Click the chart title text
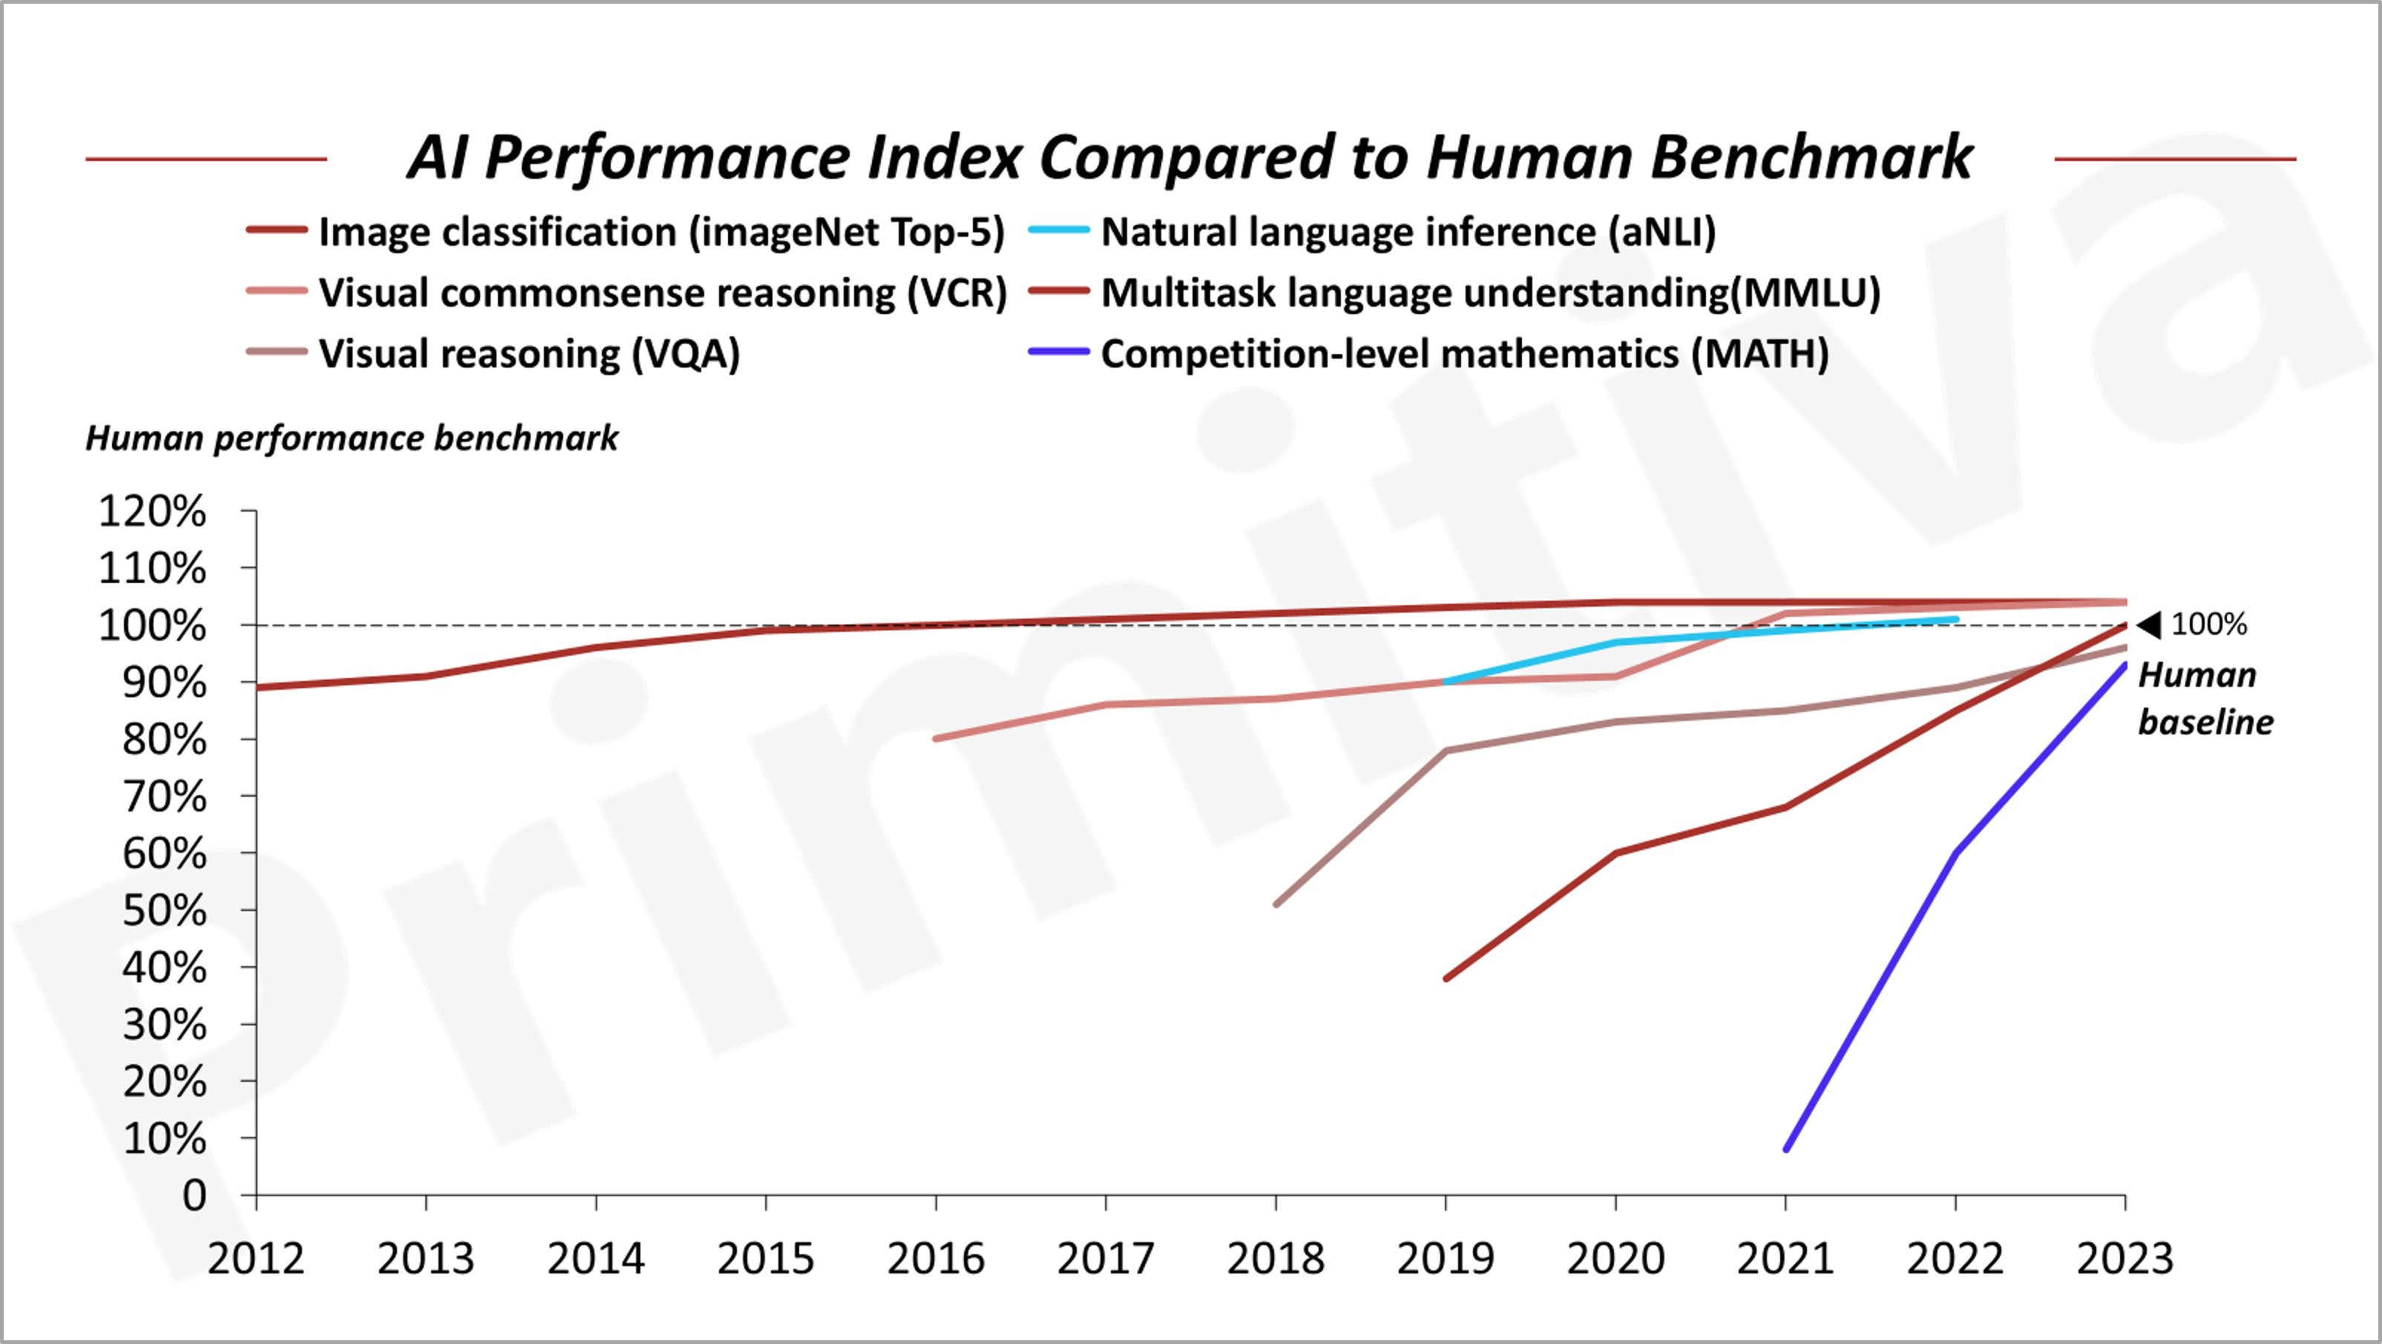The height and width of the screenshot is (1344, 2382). point(1190,157)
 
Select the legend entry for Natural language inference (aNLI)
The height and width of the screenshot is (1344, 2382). point(1372,232)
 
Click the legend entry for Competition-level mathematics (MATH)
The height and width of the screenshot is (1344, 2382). point(1428,354)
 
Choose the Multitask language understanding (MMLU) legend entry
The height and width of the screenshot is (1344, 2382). point(1454,293)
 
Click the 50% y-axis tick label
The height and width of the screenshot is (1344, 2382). point(165,911)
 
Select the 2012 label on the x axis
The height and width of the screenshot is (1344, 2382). point(256,1259)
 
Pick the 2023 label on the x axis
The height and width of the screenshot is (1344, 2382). point(2125,1259)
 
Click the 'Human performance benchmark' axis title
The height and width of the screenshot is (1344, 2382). point(352,438)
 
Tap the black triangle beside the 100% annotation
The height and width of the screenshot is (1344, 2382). point(2150,625)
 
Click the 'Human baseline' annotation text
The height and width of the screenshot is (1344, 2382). point(2205,699)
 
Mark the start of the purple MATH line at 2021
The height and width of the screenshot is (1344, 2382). point(1785,1149)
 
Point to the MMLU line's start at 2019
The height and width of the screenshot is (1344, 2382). point(1446,979)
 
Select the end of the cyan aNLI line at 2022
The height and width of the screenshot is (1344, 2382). point(1956,619)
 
